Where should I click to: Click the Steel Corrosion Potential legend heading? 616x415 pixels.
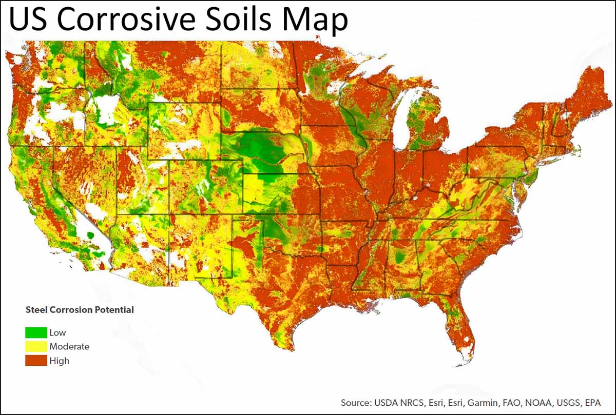[x=80, y=310]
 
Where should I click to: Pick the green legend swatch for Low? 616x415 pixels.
[x=36, y=332]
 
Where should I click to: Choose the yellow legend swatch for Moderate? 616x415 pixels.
[x=36, y=346]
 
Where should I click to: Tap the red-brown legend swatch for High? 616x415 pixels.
[x=36, y=361]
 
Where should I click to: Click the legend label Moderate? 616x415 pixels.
[x=69, y=347]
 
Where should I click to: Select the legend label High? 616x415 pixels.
[x=59, y=361]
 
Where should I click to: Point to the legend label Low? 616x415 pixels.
[x=57, y=333]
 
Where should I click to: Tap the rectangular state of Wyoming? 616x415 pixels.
[x=184, y=131]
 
